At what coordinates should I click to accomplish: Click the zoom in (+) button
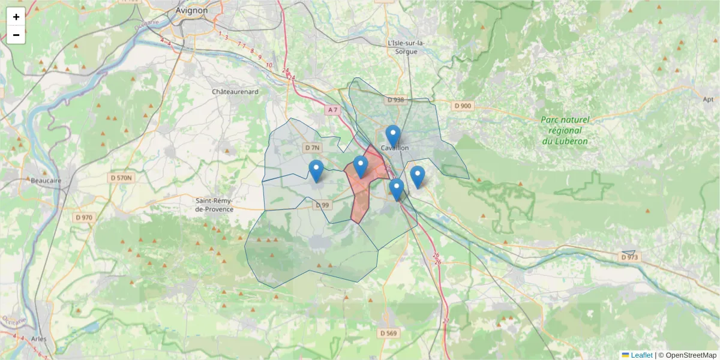coord(16,17)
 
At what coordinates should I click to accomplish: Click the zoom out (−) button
coord(16,35)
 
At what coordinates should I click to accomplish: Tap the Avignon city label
coord(192,10)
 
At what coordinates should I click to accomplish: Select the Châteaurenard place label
coord(235,91)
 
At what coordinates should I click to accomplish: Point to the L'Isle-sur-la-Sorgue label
coord(406,47)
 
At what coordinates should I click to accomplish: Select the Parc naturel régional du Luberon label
coord(565,130)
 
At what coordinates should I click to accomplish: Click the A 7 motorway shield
coord(333,110)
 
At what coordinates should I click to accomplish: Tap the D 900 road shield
coord(463,106)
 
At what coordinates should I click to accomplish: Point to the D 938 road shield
coord(396,100)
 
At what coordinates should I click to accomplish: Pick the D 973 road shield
coord(630,257)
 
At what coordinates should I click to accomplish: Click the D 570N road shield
coord(122,178)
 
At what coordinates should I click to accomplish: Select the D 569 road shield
coord(388,333)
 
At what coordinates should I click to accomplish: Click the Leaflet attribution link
coord(641,355)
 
